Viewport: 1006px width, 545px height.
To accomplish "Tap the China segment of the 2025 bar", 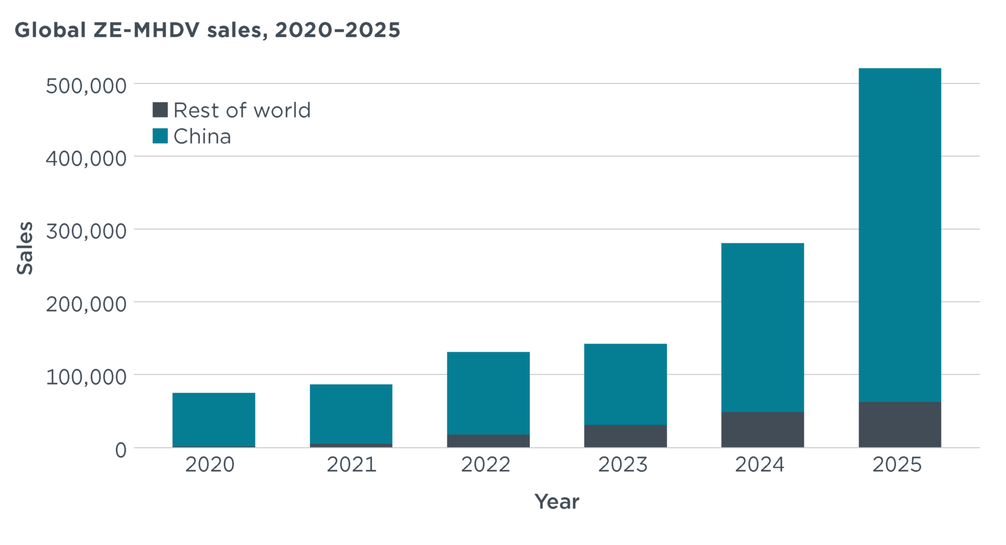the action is tap(899, 235).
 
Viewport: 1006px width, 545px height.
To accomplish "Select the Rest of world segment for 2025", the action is tap(899, 425).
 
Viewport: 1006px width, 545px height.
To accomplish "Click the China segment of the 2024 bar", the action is tap(762, 327).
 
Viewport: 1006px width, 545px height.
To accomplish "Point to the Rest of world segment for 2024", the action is tap(762, 430).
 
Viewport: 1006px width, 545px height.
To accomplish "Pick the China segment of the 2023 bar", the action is tap(625, 384).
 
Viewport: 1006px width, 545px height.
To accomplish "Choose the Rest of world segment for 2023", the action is tap(625, 436).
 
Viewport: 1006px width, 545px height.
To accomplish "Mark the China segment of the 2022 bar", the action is tap(488, 393).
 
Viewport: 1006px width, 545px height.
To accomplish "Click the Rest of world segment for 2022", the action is tap(488, 441).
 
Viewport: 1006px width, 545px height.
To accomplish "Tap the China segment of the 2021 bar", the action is tap(351, 414).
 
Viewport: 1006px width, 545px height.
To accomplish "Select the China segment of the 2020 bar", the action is tap(214, 419).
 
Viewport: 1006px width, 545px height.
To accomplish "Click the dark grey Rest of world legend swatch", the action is tap(160, 110).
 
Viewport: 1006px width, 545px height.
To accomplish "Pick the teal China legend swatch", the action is tap(160, 136).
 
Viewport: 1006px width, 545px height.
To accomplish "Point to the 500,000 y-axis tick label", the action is tap(86, 86).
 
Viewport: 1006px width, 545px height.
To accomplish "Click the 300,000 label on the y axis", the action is tap(86, 231).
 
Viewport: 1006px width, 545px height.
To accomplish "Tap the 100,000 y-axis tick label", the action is tap(86, 377).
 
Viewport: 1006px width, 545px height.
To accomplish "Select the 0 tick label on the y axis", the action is tap(121, 450).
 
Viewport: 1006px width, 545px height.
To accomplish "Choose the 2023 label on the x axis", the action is tap(623, 465).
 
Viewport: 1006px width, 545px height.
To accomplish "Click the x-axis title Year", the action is tap(557, 502).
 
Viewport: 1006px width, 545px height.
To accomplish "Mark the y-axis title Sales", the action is tap(25, 248).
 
